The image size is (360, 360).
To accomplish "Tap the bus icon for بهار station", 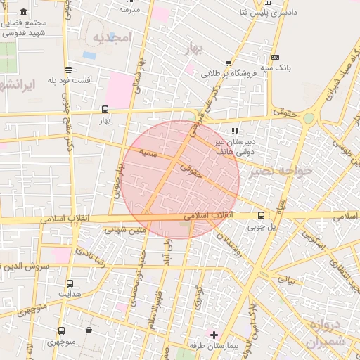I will (x=105, y=109).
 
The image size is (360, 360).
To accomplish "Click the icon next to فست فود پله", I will (x=68, y=70).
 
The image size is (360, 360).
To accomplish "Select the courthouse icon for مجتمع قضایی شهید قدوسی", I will (x=25, y=13).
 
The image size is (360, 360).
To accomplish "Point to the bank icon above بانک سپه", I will (x=275, y=57).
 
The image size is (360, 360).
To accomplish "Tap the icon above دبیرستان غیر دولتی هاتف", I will (x=235, y=130).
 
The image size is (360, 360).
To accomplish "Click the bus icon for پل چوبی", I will (x=262, y=215).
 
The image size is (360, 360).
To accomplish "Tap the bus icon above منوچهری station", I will (x=62, y=330).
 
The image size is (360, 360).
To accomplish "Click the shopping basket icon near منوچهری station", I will (x=89, y=330).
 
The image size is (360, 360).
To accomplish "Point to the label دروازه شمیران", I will (x=324, y=334).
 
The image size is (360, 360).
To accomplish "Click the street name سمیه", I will (x=148, y=152).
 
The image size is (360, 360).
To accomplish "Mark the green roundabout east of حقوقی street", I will (x=309, y=119).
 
